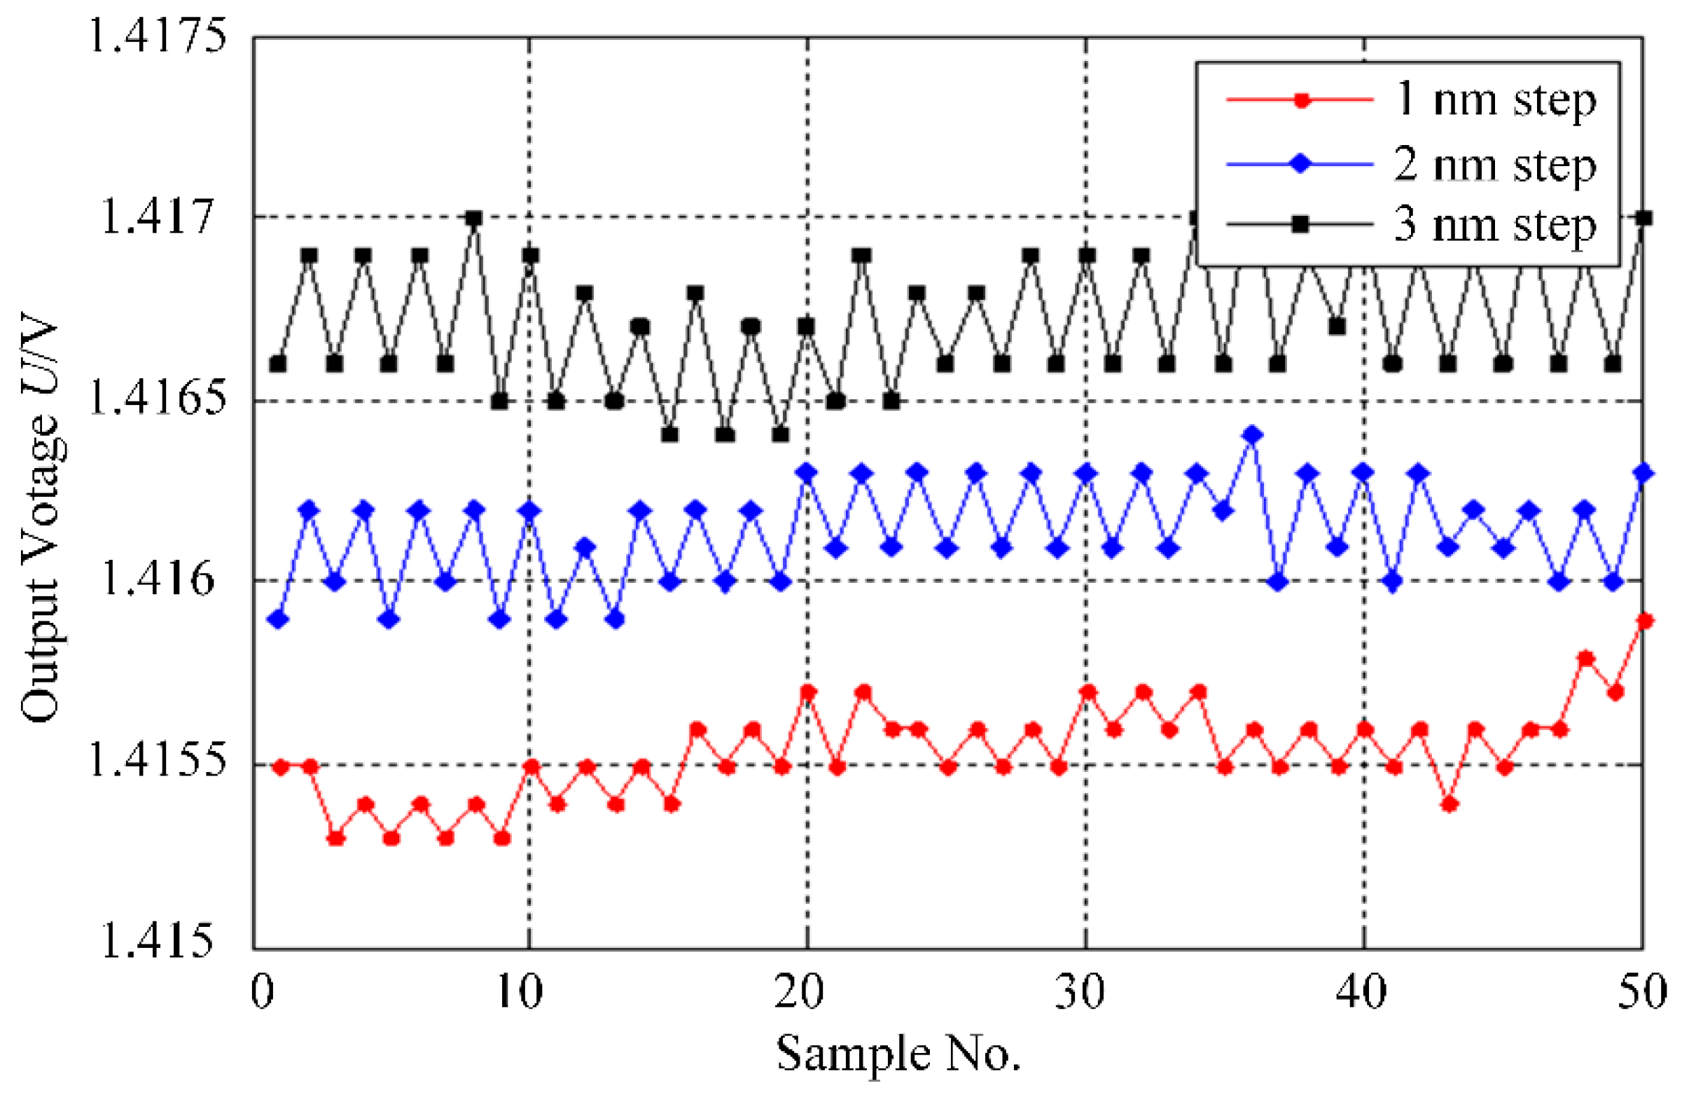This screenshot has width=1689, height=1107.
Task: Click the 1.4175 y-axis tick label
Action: click(x=157, y=36)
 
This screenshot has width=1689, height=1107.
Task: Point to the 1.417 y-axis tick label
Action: click(x=157, y=216)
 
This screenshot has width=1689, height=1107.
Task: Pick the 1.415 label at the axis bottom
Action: click(x=157, y=942)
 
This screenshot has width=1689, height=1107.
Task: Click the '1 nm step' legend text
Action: click(x=1494, y=99)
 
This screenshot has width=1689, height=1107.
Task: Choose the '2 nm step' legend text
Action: click(x=1494, y=165)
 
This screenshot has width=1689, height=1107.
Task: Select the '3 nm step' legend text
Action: click(x=1494, y=225)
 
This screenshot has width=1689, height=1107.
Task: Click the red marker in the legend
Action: click(x=1301, y=100)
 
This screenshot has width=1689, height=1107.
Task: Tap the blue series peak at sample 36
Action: click(x=1253, y=435)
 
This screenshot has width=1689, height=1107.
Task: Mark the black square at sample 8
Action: click(x=474, y=218)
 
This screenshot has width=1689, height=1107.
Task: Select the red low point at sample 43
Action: click(x=1449, y=804)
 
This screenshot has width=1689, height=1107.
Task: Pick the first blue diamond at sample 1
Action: click(x=279, y=620)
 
